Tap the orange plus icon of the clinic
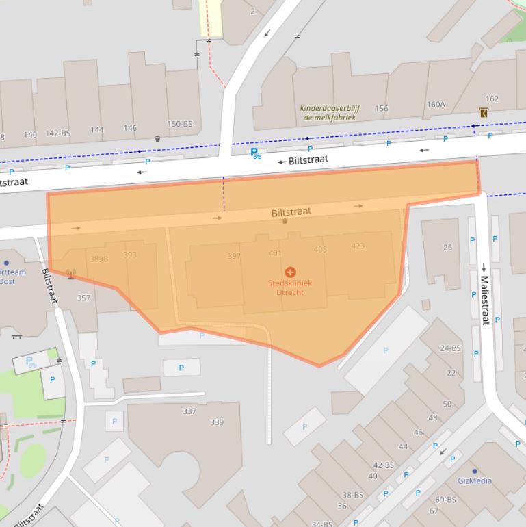(x=290, y=272)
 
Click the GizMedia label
(x=475, y=480)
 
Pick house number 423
(x=357, y=246)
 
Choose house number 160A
(x=436, y=105)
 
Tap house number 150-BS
(x=181, y=124)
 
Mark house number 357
(x=83, y=298)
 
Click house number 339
(x=216, y=422)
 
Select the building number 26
(x=447, y=248)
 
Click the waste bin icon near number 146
(x=157, y=138)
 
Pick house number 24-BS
(x=450, y=348)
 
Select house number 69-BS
(x=446, y=500)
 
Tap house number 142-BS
(x=57, y=133)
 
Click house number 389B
(x=99, y=259)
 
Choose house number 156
(x=381, y=108)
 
